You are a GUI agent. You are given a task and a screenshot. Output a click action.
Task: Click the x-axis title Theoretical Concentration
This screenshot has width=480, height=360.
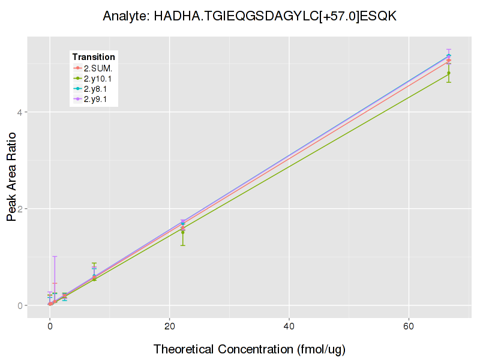pos(250,349)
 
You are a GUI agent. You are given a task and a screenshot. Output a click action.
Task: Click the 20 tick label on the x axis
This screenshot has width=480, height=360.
pos(170,326)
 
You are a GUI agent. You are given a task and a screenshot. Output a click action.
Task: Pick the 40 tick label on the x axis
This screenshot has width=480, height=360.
pos(289,326)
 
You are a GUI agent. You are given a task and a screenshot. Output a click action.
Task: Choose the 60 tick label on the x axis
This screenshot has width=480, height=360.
pos(409,326)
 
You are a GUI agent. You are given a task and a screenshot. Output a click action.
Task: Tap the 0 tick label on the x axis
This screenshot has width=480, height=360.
pos(50,326)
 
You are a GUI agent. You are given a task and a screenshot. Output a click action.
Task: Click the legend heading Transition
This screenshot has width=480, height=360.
pos(94,57)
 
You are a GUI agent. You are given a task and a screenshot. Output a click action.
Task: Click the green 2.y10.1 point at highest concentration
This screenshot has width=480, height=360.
pos(449,73)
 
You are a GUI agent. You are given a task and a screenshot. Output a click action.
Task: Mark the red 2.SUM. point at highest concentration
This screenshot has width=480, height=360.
pos(449,61)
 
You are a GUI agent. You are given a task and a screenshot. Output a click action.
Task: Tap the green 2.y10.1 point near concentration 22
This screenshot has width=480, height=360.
pos(183,231)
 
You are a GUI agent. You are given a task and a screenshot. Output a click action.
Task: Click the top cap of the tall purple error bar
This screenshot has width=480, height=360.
pos(55,257)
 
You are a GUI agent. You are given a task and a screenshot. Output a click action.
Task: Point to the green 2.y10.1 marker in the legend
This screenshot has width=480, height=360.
pos(78,79)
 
